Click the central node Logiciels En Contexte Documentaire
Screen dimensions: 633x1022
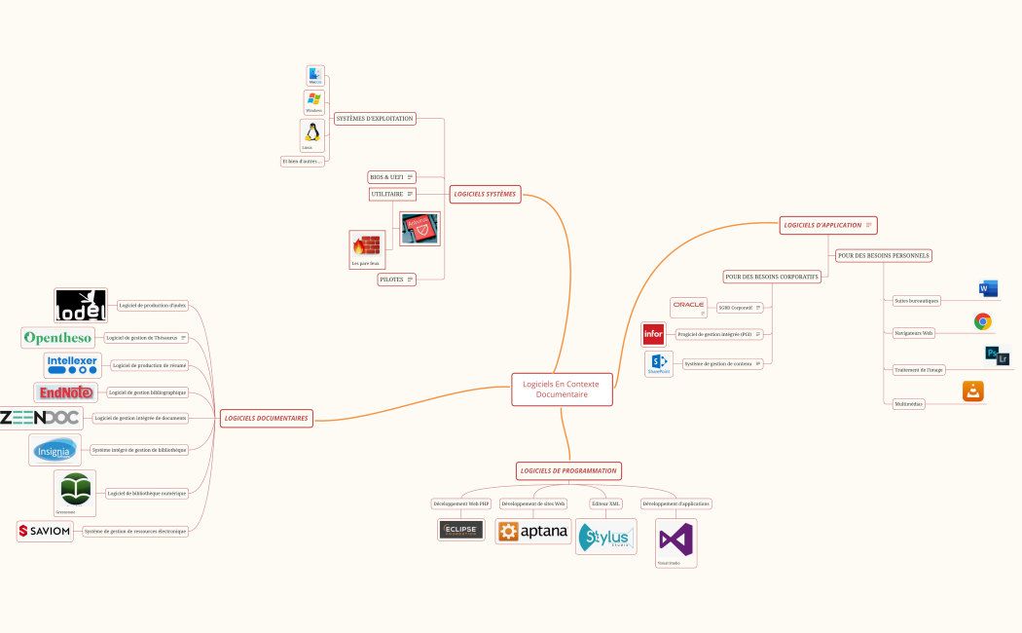tap(562, 390)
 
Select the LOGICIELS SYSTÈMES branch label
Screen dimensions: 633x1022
tap(484, 194)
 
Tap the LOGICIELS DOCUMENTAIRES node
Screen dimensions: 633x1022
tap(266, 418)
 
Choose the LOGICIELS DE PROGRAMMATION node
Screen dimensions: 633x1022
tap(568, 470)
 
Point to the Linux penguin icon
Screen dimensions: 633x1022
tap(312, 132)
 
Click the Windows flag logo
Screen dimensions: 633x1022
tap(313, 99)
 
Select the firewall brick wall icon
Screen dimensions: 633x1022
tap(366, 245)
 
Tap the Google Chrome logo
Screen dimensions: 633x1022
tap(983, 321)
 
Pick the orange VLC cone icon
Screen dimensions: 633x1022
tap(973, 391)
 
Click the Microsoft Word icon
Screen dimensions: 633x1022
tap(988, 288)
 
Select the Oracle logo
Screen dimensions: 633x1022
tap(688, 306)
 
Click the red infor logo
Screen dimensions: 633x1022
tap(653, 335)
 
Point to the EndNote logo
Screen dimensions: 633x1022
tap(65, 392)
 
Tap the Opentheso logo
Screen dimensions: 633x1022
tap(58, 338)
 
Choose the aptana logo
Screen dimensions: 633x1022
tap(533, 531)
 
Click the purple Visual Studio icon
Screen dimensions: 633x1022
tap(675, 539)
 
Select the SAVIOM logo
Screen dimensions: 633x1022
tap(45, 531)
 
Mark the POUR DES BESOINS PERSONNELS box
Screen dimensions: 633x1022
tap(883, 255)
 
